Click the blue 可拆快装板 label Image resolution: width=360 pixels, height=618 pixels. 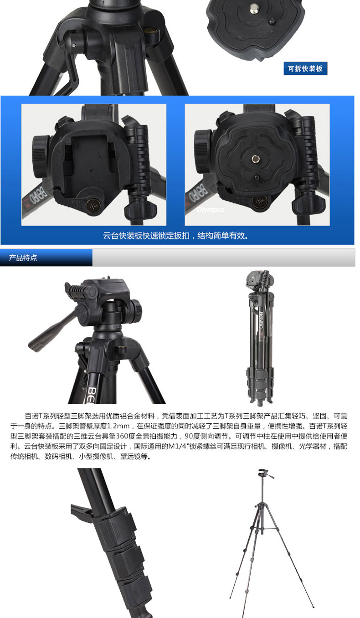tap(305, 68)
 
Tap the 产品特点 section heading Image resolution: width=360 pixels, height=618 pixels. tap(23, 257)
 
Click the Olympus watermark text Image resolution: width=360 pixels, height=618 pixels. tap(211, 210)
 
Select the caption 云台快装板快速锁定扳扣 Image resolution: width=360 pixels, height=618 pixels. tap(146, 236)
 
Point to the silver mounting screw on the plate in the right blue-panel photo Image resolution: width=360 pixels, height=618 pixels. tap(256, 159)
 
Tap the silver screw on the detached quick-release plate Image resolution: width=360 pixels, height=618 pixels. tap(253, 8)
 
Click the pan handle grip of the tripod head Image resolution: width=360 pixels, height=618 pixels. tap(47, 334)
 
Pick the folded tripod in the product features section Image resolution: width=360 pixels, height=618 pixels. tap(260, 338)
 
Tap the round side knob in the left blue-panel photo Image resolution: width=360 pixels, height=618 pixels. tap(41, 156)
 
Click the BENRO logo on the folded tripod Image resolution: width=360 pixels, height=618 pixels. tap(261, 320)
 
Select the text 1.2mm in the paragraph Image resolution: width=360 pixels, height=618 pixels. tap(118, 426)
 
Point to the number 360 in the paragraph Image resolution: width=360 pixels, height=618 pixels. tap(122, 436)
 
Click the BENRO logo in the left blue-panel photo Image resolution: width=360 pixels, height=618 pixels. tap(35, 195)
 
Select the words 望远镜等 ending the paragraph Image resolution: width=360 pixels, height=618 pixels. tap(134, 456)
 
